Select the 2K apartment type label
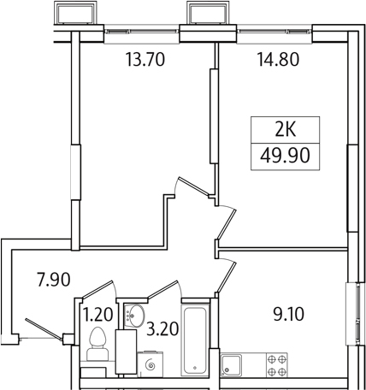(x=283, y=131)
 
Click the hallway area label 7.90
(x=52, y=278)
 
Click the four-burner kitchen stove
(x=276, y=365)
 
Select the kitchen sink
(x=232, y=366)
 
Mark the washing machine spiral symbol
(x=151, y=365)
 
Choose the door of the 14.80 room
(x=226, y=224)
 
